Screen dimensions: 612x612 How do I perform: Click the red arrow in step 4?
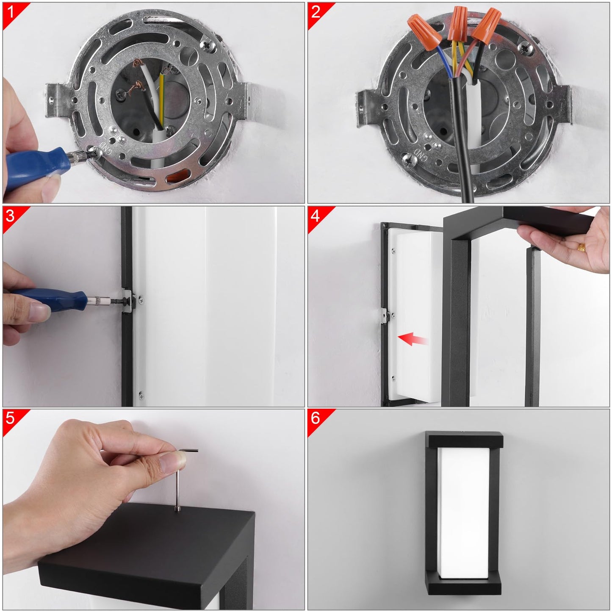coord(413,339)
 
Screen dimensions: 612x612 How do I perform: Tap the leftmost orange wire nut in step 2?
coord(424,32)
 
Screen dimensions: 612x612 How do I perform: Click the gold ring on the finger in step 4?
coord(581,247)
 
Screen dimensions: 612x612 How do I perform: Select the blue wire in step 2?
coord(445,61)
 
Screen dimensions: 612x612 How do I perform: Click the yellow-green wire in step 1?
coord(162,100)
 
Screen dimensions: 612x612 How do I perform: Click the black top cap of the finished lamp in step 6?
coord(464,440)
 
